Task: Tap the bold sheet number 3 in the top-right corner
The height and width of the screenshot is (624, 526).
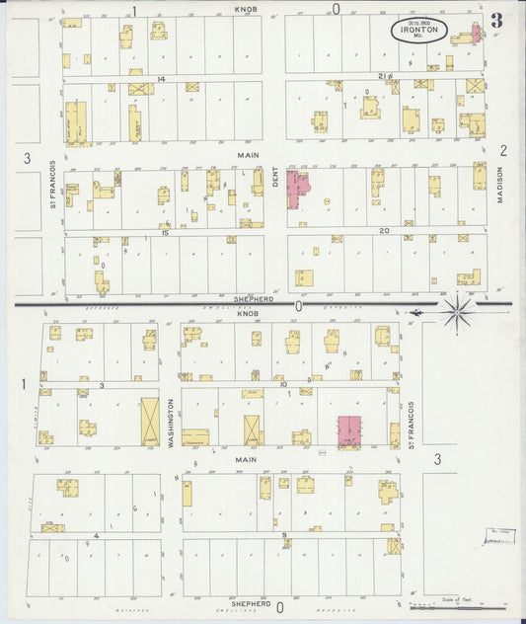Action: [x=495, y=19]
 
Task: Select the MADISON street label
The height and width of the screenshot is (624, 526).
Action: [x=500, y=184]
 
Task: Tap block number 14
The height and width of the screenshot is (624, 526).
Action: [x=159, y=78]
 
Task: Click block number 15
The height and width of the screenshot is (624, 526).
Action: [x=165, y=234]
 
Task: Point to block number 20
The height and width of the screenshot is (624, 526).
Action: [x=384, y=231]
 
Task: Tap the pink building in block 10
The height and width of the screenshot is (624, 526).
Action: [x=349, y=430]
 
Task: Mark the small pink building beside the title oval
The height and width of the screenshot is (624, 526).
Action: [x=476, y=32]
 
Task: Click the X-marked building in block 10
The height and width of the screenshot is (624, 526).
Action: [x=254, y=429]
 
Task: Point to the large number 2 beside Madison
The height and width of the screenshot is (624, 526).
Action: [x=502, y=150]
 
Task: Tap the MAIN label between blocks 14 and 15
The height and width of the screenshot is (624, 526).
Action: [x=247, y=155]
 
